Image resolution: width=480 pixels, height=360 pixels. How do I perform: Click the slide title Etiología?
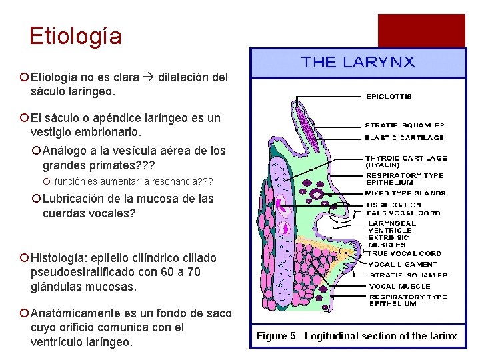[75, 35]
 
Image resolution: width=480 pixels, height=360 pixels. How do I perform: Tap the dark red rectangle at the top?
[421, 30]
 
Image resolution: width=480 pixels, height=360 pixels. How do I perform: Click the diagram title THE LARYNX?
[358, 63]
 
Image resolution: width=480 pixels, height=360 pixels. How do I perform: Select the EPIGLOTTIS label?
[389, 96]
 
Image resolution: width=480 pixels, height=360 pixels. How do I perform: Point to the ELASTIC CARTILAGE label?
[405, 137]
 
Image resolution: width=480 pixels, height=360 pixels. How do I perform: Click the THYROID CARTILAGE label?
[406, 158]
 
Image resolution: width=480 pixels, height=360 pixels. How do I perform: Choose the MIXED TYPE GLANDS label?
[405, 193]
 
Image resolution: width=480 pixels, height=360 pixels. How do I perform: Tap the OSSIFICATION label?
[394, 205]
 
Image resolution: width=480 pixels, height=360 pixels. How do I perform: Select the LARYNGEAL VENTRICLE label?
[393, 227]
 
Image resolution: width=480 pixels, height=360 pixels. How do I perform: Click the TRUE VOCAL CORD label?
[405, 253]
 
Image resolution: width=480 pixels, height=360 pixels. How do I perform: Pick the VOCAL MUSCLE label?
[400, 286]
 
